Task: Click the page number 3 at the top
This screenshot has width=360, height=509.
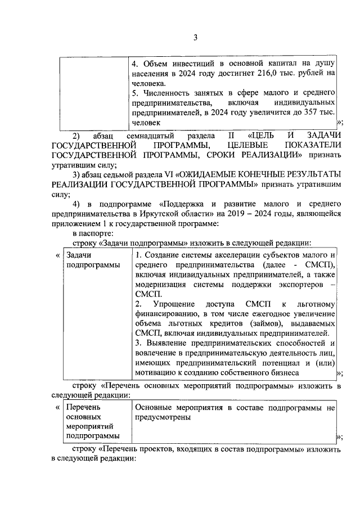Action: click(196, 38)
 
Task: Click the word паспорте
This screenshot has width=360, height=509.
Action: click(98, 232)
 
